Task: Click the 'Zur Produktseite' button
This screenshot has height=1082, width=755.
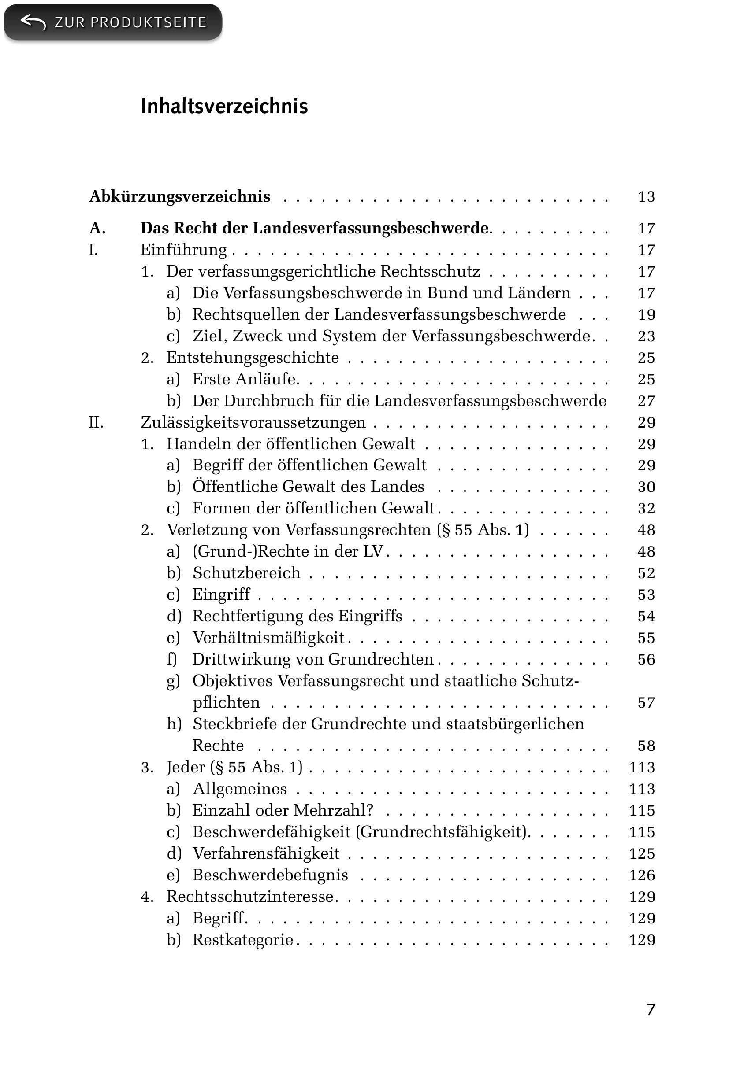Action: (113, 22)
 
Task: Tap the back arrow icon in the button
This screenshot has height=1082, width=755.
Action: (33, 22)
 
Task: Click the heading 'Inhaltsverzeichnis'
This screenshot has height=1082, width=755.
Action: (224, 107)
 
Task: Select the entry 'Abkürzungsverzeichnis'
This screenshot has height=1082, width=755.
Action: (180, 196)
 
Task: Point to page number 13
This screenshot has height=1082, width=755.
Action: (646, 197)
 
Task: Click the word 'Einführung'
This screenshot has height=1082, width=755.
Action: (183, 250)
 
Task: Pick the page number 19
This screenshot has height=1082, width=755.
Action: (646, 315)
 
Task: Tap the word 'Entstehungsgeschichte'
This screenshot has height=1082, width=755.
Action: (253, 358)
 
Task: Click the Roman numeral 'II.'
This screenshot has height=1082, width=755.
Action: (96, 422)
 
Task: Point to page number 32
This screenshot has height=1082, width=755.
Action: (646, 509)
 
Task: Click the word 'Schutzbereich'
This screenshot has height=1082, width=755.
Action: (247, 573)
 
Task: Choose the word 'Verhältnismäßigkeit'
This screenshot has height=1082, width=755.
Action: (268, 638)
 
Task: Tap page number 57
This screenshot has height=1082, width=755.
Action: (646, 703)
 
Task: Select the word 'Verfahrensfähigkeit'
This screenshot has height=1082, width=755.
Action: (266, 853)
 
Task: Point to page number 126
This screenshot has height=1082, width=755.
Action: (642, 875)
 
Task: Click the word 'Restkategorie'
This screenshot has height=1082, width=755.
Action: (243, 940)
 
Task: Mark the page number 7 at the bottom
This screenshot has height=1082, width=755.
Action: (651, 1009)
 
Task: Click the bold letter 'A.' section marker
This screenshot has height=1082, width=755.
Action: (97, 229)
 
